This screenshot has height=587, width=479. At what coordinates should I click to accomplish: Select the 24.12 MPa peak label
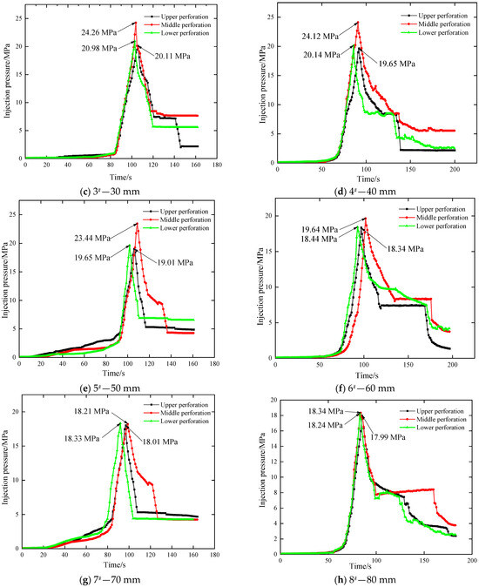318,36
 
